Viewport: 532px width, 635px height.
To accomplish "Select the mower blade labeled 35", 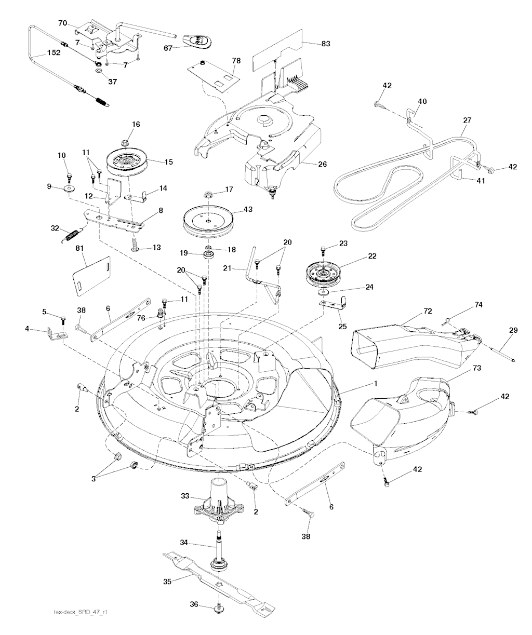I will pyautogui.click(x=218, y=580).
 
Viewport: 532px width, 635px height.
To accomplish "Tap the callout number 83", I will pyautogui.click(x=325, y=44).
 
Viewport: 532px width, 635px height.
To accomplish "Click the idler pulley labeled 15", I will pyautogui.click(x=127, y=163).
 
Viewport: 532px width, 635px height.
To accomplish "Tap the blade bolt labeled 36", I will pyautogui.click(x=219, y=608).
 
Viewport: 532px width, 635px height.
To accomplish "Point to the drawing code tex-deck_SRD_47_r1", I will pyautogui.click(x=81, y=612).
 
